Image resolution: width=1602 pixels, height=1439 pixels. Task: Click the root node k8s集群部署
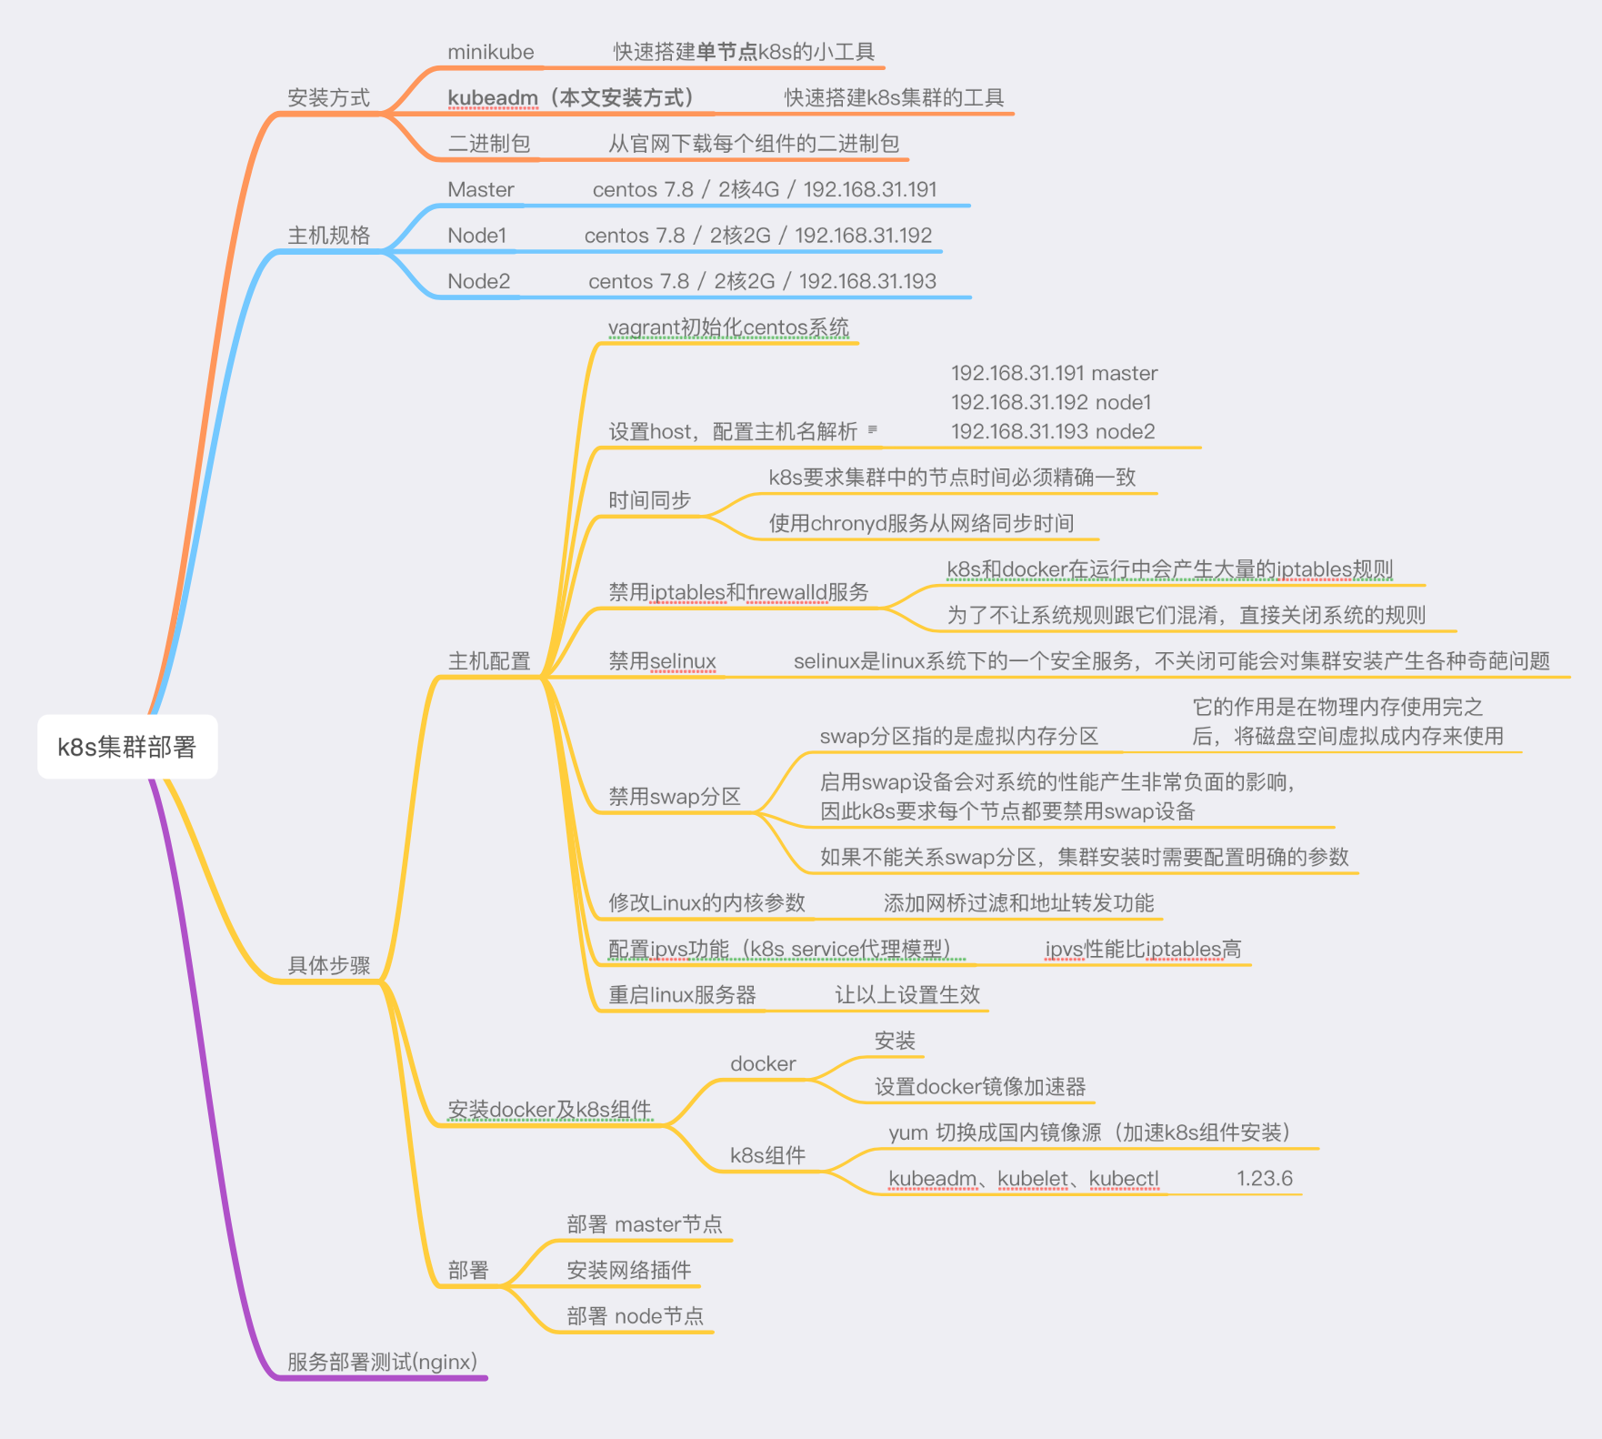[127, 747]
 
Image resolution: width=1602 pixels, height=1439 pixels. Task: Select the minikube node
[490, 52]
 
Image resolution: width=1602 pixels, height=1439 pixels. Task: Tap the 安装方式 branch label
[328, 97]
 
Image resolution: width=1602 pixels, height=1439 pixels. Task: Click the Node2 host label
[478, 281]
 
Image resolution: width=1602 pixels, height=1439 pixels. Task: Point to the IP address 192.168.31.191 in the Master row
[869, 189]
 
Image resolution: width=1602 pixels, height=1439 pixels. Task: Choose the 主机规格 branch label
[328, 235]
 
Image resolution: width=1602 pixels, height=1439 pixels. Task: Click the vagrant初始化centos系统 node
[727, 327]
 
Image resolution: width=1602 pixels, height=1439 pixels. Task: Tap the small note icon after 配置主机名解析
[872, 429]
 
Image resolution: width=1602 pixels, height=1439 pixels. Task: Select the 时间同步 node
[649, 500]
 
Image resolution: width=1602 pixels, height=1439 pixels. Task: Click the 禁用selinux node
[662, 661]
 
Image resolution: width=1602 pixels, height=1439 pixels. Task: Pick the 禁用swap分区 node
[674, 797]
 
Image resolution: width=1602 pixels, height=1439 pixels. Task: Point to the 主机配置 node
[488, 661]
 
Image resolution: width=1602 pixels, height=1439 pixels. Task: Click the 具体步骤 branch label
[328, 965]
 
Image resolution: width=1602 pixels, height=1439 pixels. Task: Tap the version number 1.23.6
[1264, 1179]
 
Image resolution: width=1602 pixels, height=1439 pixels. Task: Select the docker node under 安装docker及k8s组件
[763, 1063]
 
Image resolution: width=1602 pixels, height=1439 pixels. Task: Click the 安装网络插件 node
[628, 1270]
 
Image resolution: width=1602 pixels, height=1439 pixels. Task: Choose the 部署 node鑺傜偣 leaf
[635, 1316]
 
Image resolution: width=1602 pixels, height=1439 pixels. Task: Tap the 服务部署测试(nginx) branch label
[382, 1362]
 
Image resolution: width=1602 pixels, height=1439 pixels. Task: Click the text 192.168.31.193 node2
[1053, 431]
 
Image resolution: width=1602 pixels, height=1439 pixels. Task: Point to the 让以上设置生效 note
[907, 995]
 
